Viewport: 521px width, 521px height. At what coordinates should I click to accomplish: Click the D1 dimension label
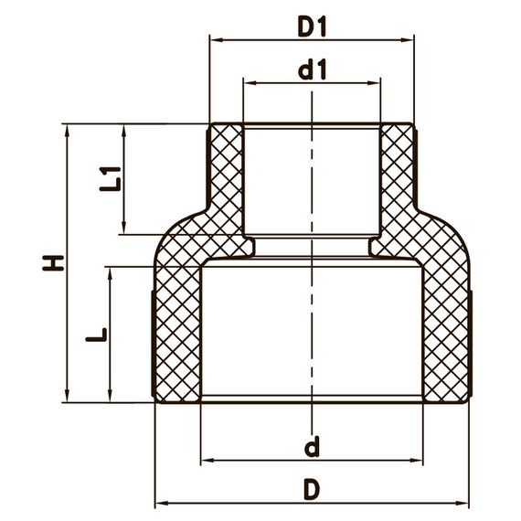(312, 27)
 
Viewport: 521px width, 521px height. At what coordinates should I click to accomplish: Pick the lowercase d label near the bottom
(312, 448)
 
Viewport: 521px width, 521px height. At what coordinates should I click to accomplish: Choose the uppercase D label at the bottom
(312, 490)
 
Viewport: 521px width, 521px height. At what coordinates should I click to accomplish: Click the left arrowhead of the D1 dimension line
(215, 39)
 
